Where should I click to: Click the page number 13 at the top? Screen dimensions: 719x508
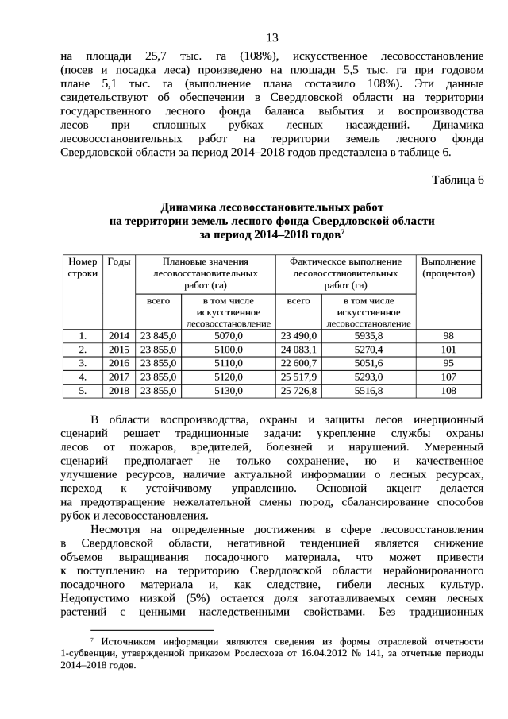(x=271, y=38)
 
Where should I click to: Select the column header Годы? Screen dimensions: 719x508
(x=119, y=262)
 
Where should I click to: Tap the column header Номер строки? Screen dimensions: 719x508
(x=83, y=268)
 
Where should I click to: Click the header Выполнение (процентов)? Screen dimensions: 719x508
(x=448, y=268)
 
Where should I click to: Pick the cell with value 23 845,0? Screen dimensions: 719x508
(x=158, y=336)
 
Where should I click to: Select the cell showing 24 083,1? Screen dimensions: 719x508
(x=298, y=350)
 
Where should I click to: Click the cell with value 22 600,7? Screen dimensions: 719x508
(x=298, y=363)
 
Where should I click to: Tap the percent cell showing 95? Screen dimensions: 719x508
(x=448, y=363)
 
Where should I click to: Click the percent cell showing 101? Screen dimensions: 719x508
(x=448, y=350)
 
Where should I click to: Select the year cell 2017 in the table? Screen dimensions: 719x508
(x=119, y=377)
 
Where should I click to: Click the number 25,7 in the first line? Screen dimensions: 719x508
(x=148, y=56)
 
